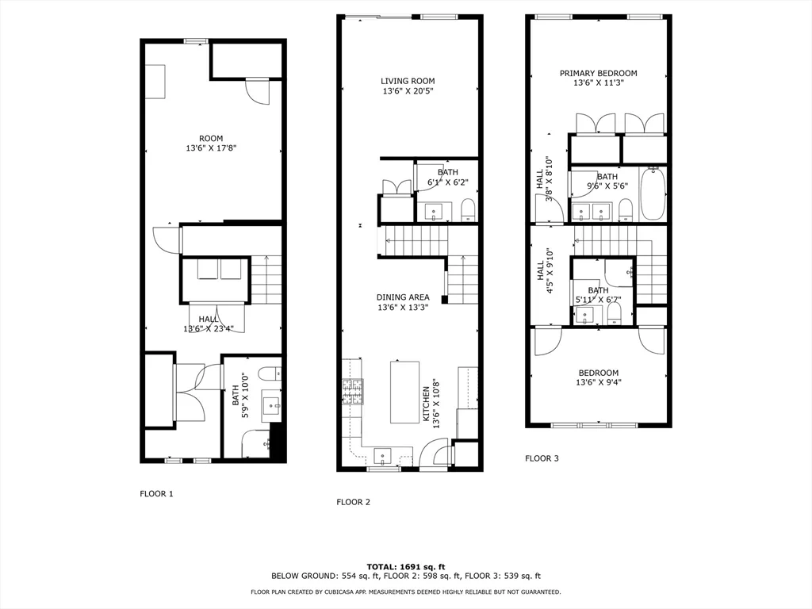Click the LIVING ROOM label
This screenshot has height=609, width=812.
(x=408, y=81)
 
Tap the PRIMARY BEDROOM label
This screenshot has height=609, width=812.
(x=598, y=74)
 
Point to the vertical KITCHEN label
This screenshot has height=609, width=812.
(x=426, y=404)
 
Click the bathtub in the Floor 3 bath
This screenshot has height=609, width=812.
(x=653, y=195)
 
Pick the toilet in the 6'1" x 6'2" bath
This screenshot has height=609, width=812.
(x=468, y=209)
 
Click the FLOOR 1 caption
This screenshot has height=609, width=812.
(x=156, y=494)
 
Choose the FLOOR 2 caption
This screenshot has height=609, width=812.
(x=353, y=502)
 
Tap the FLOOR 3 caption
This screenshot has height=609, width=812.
(x=542, y=458)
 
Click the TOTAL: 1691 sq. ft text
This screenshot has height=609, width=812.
(x=406, y=566)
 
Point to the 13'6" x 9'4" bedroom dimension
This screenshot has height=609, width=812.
(x=598, y=382)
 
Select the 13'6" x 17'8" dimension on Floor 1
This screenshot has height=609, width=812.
(x=211, y=147)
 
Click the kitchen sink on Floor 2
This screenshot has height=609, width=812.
(x=384, y=456)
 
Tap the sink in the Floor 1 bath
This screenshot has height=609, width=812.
(x=275, y=406)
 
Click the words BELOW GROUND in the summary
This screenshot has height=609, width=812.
(x=298, y=576)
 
